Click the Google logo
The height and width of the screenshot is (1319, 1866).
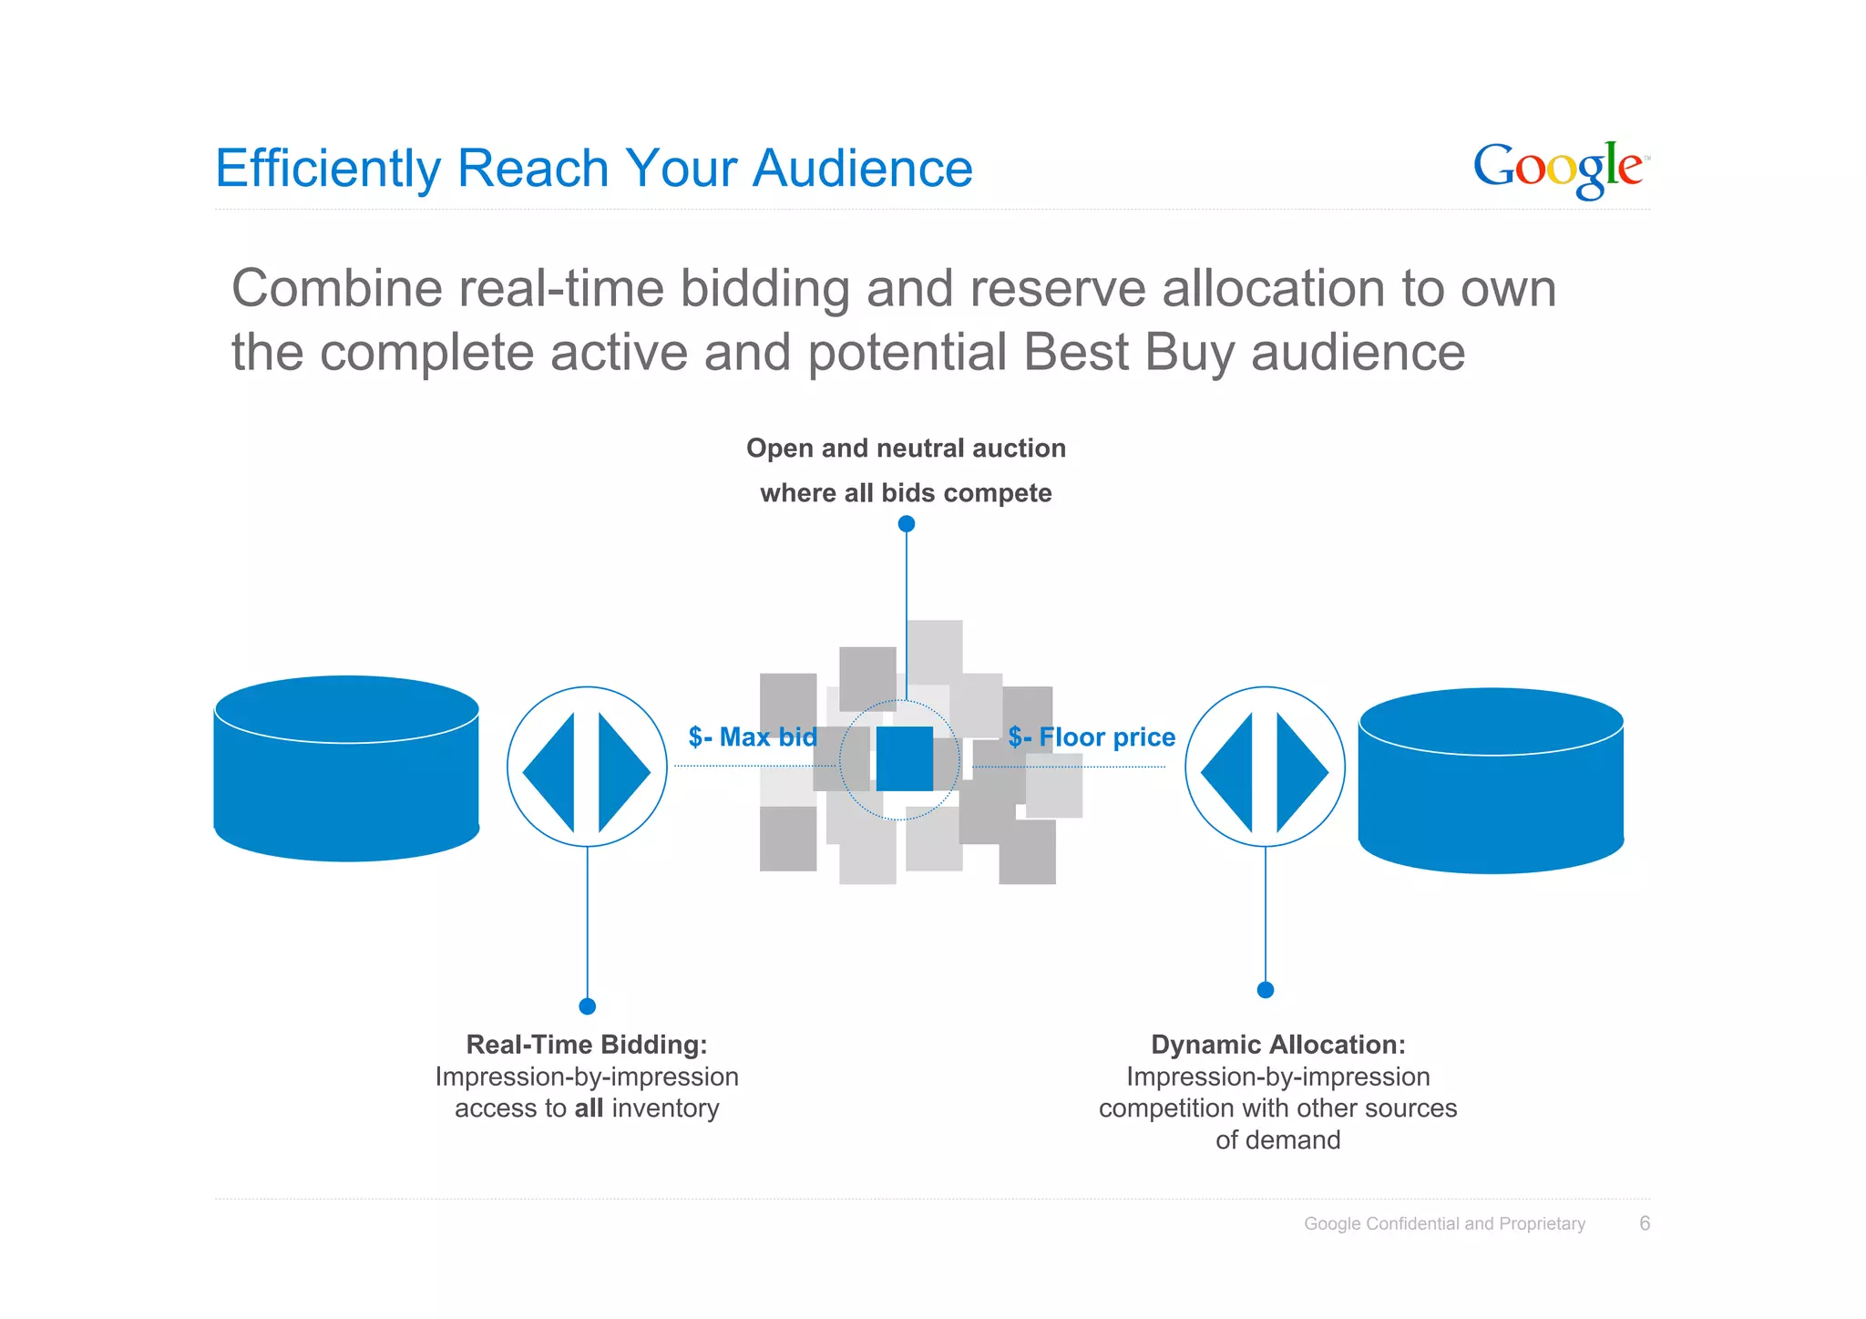1559,169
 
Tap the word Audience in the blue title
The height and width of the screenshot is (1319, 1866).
862,169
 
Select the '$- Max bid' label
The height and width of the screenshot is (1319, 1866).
753,737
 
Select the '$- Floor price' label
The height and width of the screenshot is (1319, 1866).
1092,737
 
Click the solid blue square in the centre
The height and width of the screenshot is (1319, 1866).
904,758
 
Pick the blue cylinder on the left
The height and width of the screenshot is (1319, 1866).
346,768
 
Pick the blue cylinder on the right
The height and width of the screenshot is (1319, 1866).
1491,780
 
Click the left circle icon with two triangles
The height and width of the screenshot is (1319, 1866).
587,767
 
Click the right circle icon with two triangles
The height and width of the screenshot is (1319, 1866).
1265,767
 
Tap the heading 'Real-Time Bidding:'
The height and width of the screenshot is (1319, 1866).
587,1045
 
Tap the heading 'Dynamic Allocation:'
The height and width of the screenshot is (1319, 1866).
1278,1045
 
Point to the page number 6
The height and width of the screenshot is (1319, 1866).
1645,1223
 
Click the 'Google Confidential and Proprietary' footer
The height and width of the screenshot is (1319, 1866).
1444,1224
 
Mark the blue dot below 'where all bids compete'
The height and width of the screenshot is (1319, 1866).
906,524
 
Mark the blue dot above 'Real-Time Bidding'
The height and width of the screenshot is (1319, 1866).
587,1006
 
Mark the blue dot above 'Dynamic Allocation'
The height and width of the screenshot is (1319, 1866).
1266,990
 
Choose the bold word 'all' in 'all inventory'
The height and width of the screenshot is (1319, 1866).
589,1108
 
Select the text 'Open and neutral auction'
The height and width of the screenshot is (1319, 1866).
906,448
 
